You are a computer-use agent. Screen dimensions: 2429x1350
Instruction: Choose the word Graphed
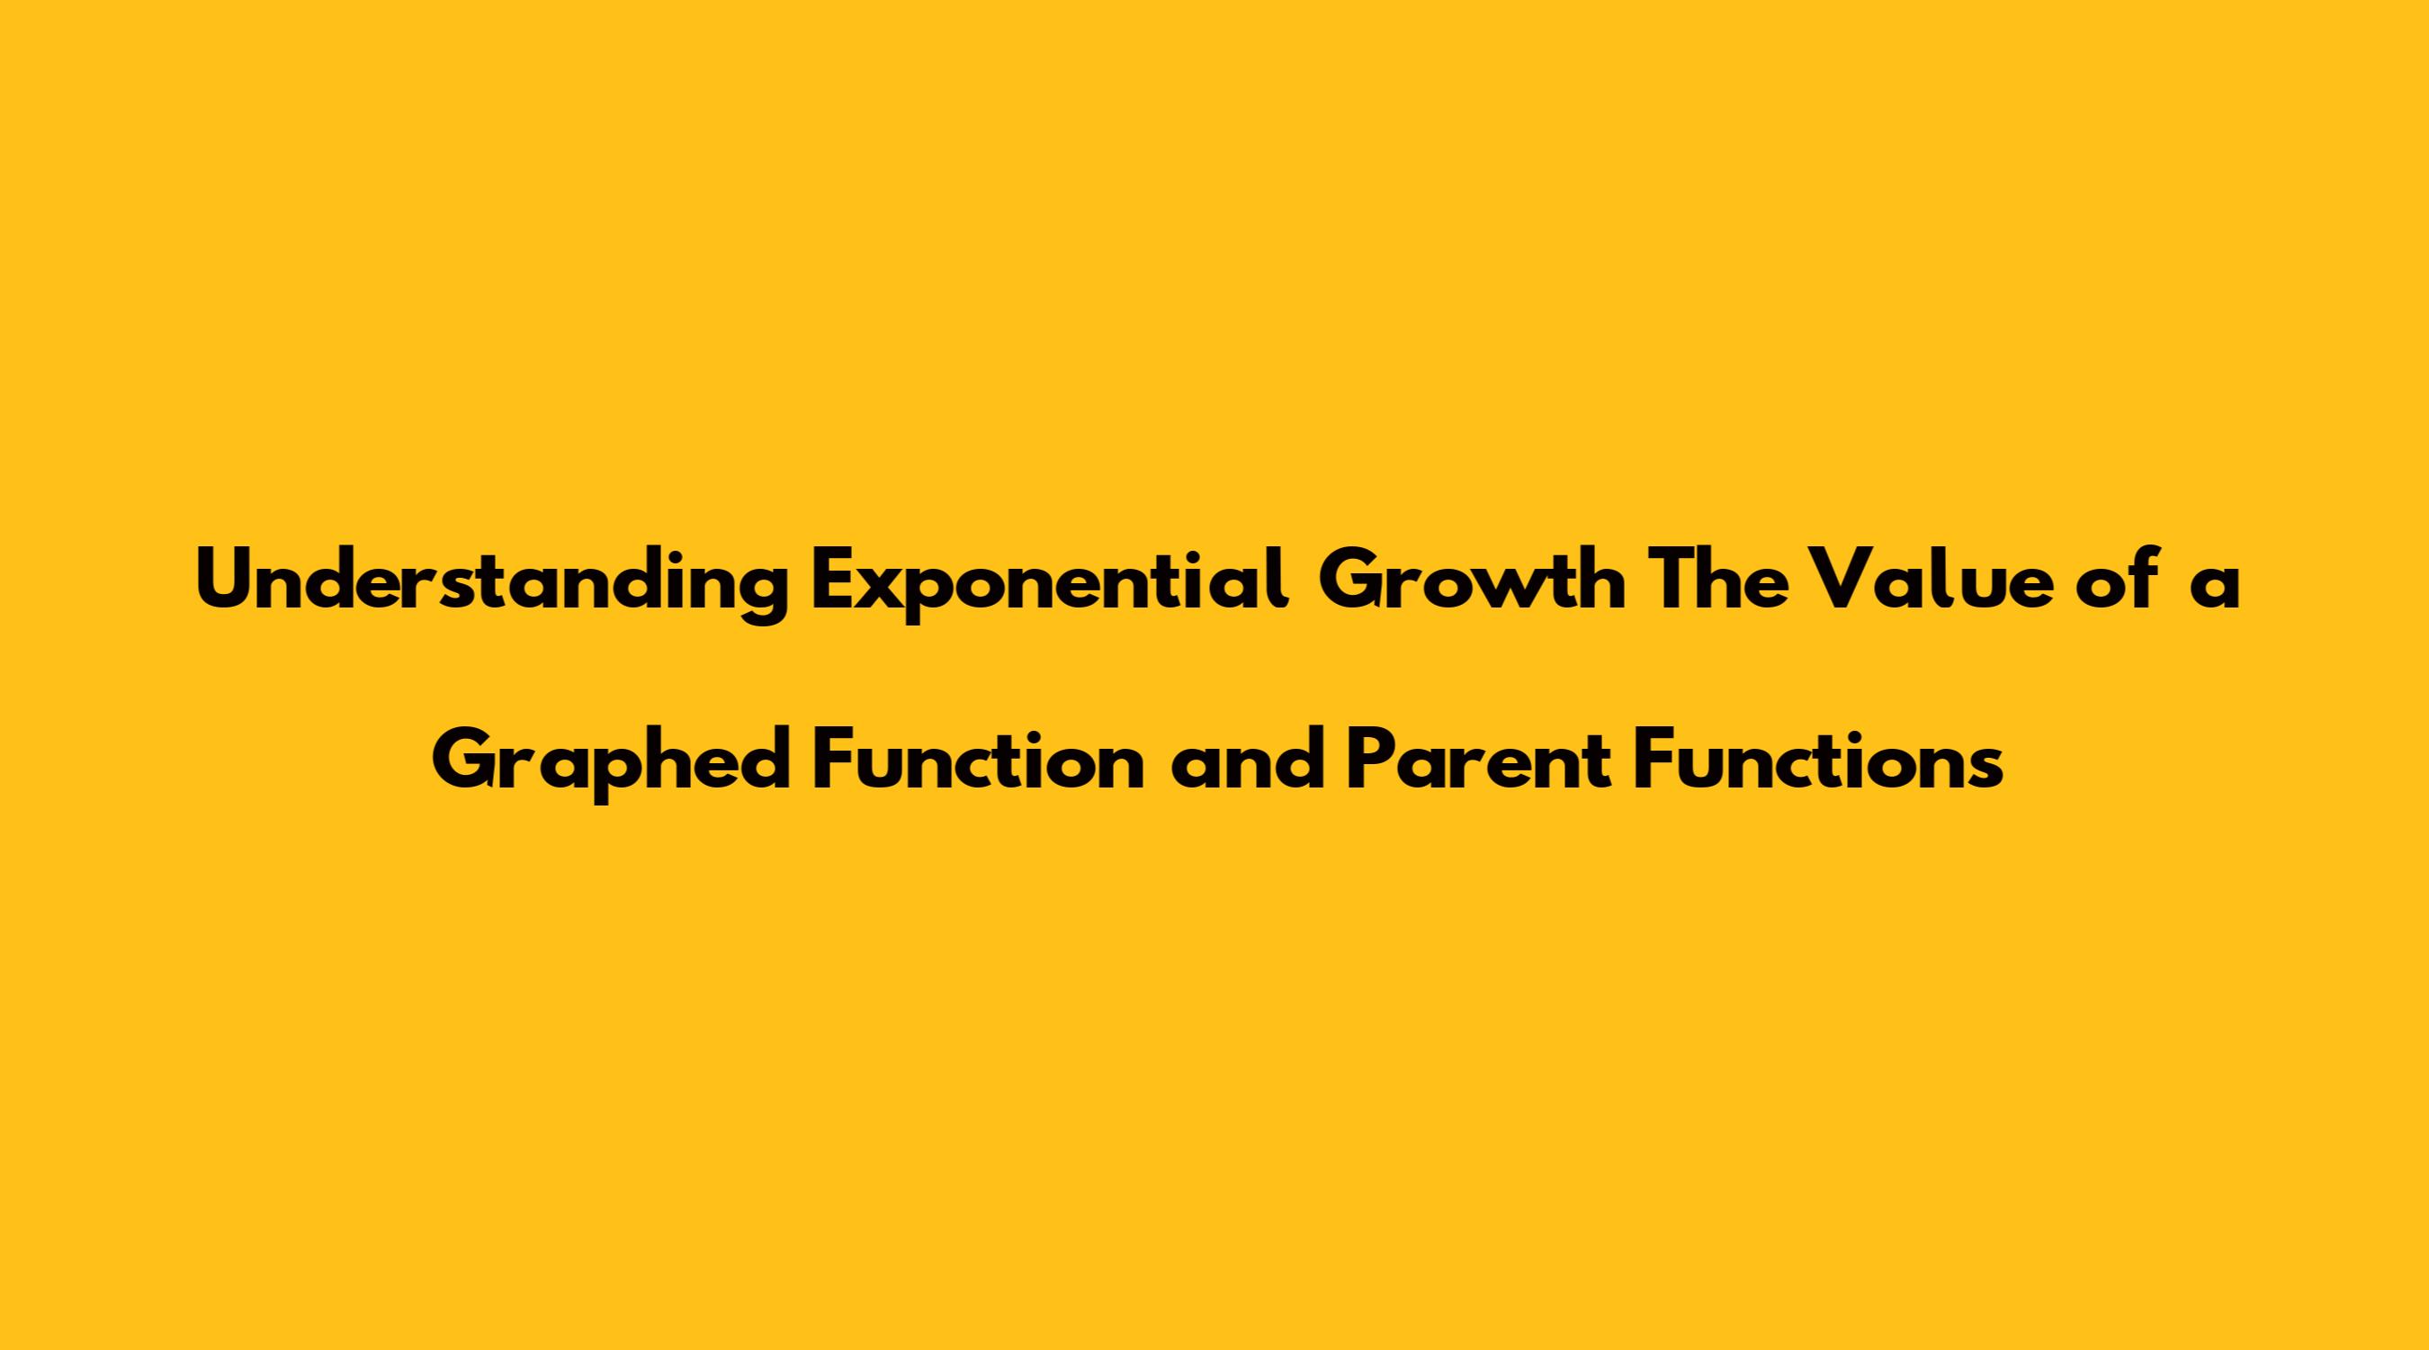tap(612, 762)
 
